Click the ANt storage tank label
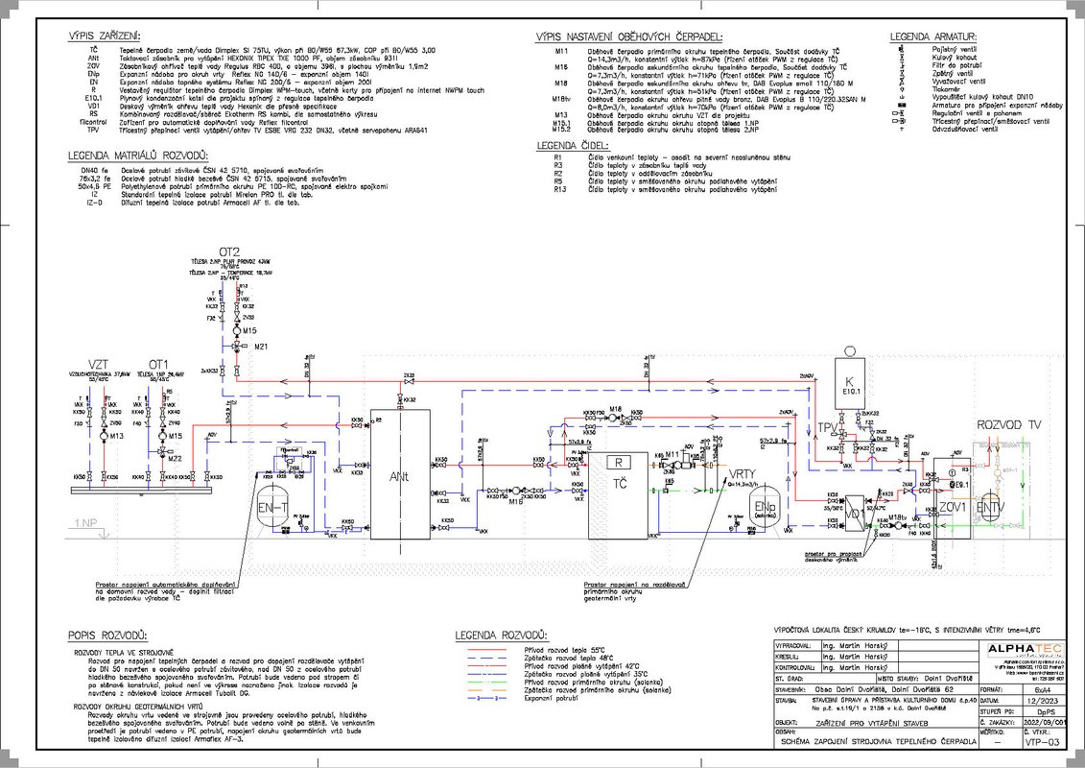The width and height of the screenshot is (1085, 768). coord(399,474)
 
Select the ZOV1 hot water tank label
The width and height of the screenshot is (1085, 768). coord(953,506)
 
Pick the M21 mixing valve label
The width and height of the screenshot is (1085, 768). coord(261,346)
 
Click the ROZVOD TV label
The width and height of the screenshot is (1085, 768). coord(1007,424)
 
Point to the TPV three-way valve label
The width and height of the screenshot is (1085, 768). coord(825,426)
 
